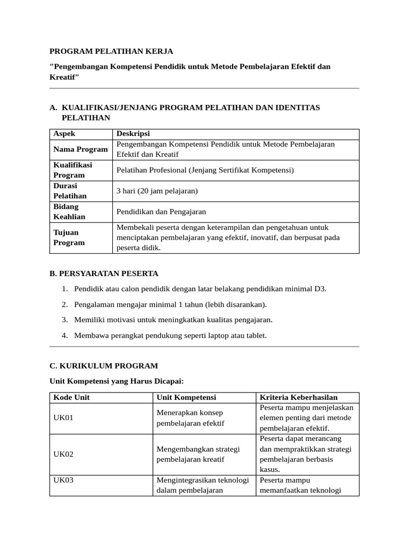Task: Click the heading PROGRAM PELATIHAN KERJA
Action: [x=111, y=52]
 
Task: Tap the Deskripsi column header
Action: [x=133, y=134]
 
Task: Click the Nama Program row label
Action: [x=80, y=149]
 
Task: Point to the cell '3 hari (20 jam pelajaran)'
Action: [x=157, y=191]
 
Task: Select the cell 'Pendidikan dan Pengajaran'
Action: [x=161, y=212]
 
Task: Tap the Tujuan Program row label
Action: [x=69, y=237]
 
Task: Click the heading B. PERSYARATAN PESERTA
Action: [x=104, y=274]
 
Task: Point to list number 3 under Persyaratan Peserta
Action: [x=64, y=320]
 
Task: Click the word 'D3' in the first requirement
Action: [x=320, y=289]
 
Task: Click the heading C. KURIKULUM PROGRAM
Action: [x=104, y=366]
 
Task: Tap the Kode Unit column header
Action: [x=71, y=398]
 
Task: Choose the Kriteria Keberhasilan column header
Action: [x=299, y=398]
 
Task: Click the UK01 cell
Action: [x=63, y=418]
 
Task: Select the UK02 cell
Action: [x=63, y=454]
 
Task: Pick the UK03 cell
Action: [x=63, y=480]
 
